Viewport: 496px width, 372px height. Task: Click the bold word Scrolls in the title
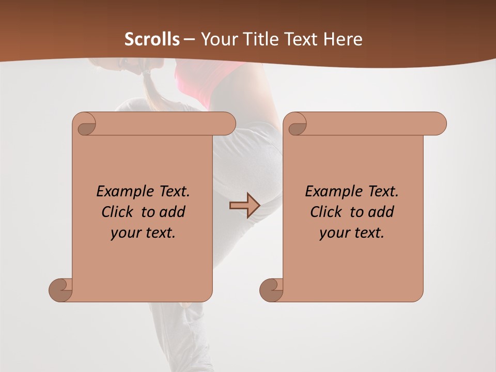[x=152, y=39]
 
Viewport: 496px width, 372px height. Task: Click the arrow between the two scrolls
[x=244, y=206]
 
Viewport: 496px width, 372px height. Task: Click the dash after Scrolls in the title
[x=189, y=40]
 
